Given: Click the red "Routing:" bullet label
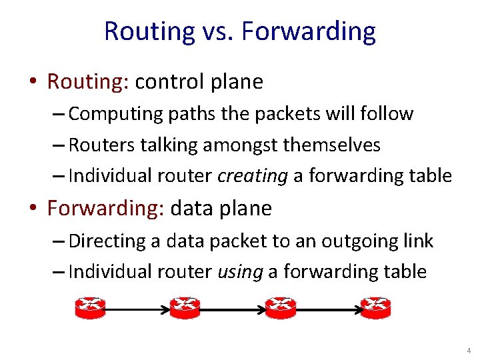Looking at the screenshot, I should pyautogui.click(x=88, y=81).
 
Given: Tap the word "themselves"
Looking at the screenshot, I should pyautogui.click(x=337, y=145).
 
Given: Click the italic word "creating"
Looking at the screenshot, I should pyautogui.click(x=251, y=176).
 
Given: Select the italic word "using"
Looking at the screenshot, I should pyautogui.click(x=239, y=271).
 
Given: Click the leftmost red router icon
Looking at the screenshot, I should pyautogui.click(x=90, y=307).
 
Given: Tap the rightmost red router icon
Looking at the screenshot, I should pyautogui.click(x=375, y=307).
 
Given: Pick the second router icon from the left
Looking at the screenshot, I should pyautogui.click(x=185, y=307).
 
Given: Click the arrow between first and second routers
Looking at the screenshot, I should pyautogui.click(x=137, y=309).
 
